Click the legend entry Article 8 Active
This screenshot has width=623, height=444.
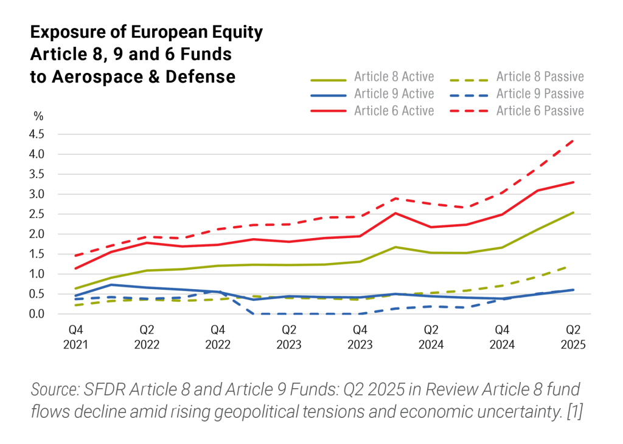(x=394, y=77)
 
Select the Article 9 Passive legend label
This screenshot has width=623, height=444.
(x=540, y=94)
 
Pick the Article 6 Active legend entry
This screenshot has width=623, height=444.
(x=394, y=111)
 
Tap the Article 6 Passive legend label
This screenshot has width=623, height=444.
(x=540, y=111)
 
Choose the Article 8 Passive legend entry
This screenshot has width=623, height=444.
(x=540, y=77)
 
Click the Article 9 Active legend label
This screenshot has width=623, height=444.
(x=394, y=94)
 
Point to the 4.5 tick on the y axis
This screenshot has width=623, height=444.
(x=36, y=135)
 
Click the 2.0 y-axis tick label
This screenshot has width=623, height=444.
(x=36, y=234)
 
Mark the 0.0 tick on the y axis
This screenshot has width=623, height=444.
(x=36, y=314)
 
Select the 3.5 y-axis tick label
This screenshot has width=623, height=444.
(x=36, y=175)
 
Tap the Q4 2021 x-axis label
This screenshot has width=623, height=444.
(x=76, y=337)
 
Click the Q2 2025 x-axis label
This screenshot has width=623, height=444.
(x=573, y=337)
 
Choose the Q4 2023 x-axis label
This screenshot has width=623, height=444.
(x=360, y=337)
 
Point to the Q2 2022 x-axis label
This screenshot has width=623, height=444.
(x=147, y=337)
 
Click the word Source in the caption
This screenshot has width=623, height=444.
(x=55, y=389)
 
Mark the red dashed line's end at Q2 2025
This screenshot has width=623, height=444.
(x=573, y=140)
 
